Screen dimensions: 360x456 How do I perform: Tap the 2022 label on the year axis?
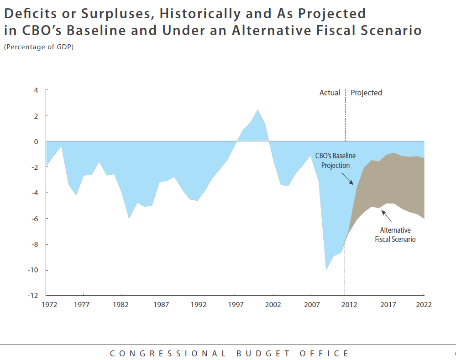(x=424, y=304)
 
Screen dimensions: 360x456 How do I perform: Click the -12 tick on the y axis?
(x=33, y=295)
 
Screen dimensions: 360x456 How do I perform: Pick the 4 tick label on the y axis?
(x=36, y=90)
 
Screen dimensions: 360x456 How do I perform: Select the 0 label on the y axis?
(x=36, y=141)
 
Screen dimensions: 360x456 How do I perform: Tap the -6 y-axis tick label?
(x=34, y=219)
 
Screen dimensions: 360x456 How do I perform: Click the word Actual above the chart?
(x=330, y=93)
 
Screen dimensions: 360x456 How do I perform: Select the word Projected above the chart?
(x=366, y=93)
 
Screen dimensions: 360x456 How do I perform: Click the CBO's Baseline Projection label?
(x=335, y=161)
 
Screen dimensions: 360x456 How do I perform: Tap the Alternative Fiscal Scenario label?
(x=395, y=235)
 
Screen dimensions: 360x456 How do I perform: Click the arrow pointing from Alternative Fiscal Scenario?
(x=386, y=216)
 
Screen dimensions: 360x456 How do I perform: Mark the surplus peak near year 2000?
(x=258, y=110)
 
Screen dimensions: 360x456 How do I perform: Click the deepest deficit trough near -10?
(x=326, y=269)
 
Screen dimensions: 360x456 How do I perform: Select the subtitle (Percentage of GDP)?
(x=38, y=47)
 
